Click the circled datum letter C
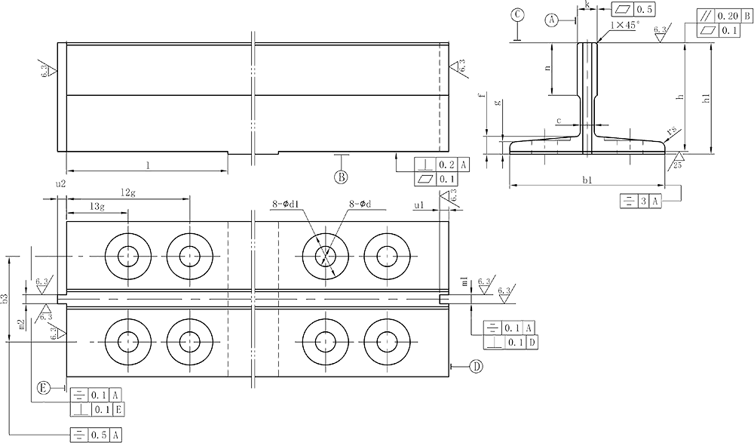517,14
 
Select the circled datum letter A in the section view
553,20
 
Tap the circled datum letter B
341,177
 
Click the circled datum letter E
44,387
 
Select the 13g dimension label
96,206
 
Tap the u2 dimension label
61,183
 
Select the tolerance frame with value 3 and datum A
642,201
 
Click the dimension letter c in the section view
557,120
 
